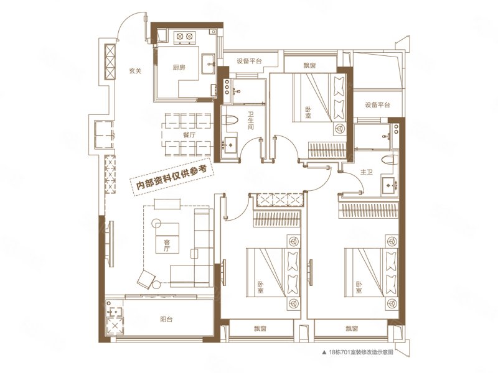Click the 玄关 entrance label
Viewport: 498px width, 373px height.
coord(136,71)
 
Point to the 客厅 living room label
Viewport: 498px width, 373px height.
coord(167,246)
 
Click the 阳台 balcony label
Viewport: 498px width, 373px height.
coord(166,320)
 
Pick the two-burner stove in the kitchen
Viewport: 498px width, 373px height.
coord(185,37)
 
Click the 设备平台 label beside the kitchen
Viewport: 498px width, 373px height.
coord(249,61)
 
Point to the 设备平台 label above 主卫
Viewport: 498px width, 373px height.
coord(377,105)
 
